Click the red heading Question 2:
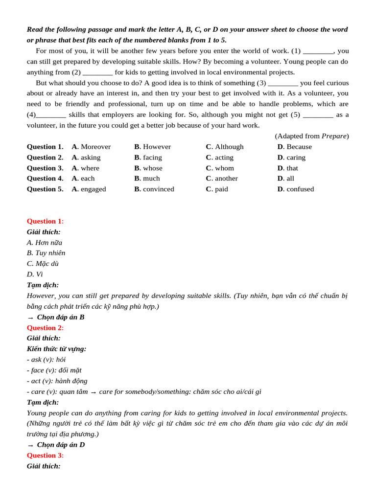(45, 328)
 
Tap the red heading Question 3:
(45, 455)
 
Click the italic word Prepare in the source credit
(334, 136)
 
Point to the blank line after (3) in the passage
(282, 83)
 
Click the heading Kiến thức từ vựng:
(56, 349)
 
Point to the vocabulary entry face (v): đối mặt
(54, 370)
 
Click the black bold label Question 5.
(45, 189)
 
